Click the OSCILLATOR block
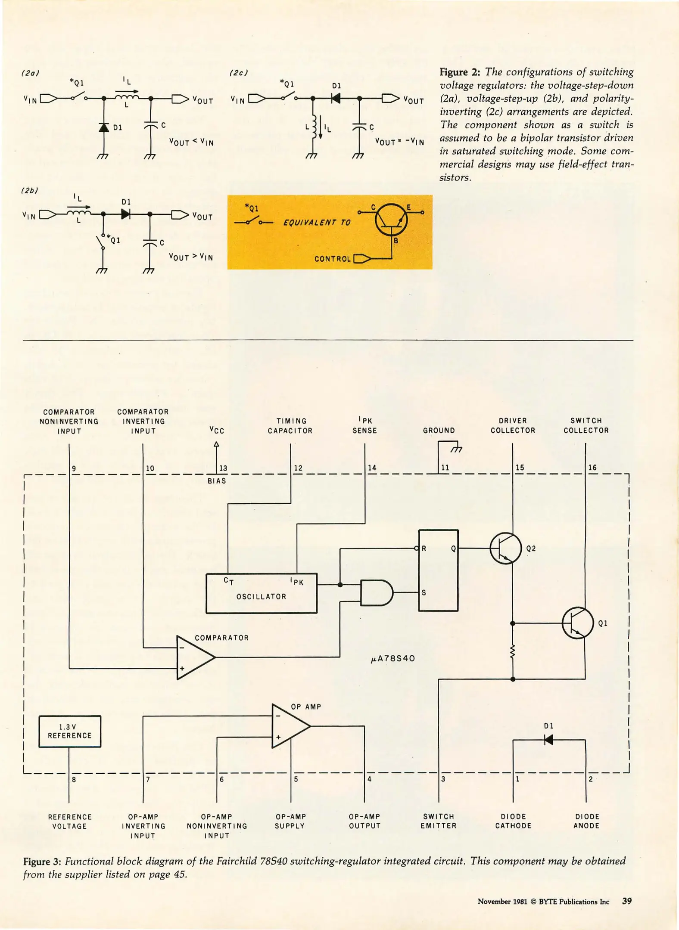262,593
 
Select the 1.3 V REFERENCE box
70,732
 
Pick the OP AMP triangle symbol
290,726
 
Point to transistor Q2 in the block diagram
506,548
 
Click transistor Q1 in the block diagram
578,623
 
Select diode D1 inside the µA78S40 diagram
548,740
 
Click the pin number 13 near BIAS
223,468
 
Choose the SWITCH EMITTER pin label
439,821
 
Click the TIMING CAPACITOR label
290,426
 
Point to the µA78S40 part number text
392,658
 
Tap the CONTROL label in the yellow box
332,259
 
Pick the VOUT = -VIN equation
399,141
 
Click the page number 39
627,901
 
